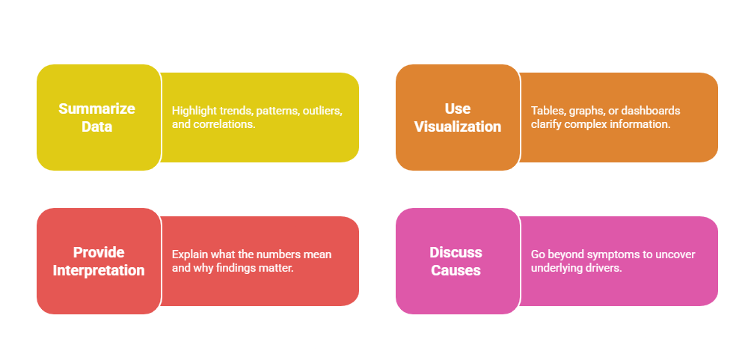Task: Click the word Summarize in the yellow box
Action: coord(97,109)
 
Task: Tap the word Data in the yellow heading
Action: coord(97,126)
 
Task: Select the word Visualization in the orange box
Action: coord(458,126)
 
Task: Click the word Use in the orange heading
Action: coord(457,109)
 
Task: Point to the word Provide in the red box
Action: coord(99,252)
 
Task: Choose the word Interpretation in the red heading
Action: coord(99,270)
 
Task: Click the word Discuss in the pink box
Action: coord(456,252)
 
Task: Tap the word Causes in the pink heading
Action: coord(456,270)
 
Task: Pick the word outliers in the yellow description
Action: coord(320,111)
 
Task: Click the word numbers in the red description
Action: coord(282,254)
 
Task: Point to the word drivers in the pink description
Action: coord(604,268)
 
